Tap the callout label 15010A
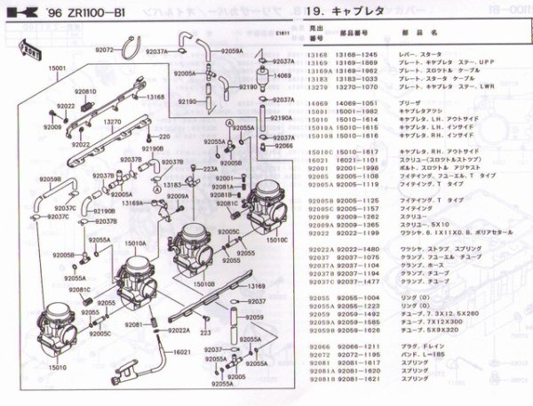pyautogui.click(x=137, y=243)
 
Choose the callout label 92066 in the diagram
pyautogui.click(x=283, y=145)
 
